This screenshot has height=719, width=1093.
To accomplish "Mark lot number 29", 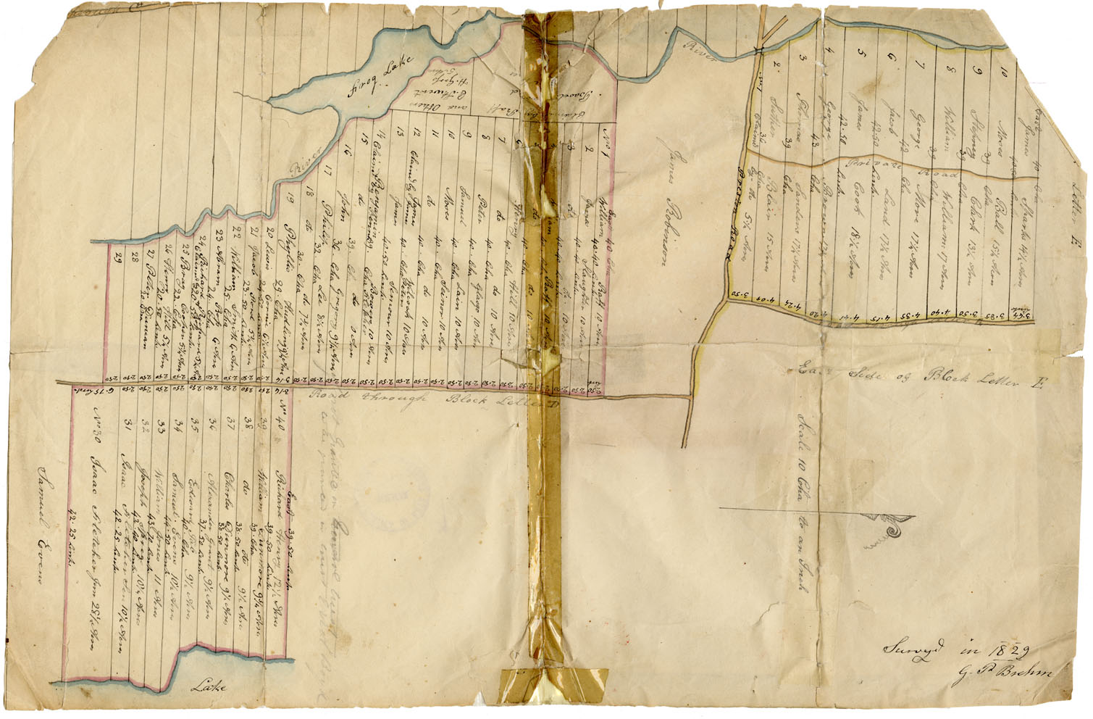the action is (116, 256).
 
